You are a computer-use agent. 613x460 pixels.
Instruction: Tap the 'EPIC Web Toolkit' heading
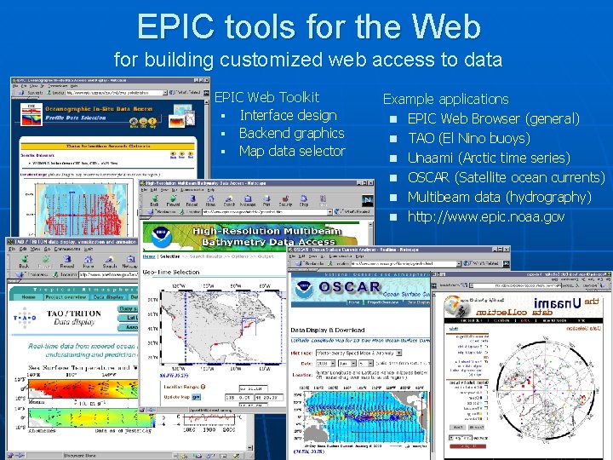[x=266, y=97]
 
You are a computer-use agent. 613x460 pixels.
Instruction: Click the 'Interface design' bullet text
[x=288, y=115]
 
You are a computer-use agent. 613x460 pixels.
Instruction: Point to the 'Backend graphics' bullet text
[x=291, y=133]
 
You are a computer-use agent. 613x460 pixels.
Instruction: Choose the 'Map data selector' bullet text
[x=292, y=151]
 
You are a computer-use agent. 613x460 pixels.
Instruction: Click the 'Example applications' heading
[x=445, y=99]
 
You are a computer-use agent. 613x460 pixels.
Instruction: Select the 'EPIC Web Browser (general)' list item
[x=493, y=118]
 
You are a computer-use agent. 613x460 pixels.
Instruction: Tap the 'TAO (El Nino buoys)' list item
[x=468, y=138]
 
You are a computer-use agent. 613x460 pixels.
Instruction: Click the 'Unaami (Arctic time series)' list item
[x=489, y=158]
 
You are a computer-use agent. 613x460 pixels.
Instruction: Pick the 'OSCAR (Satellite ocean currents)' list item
[x=506, y=177]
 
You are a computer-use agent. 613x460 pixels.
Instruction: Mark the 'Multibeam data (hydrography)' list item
[x=499, y=197]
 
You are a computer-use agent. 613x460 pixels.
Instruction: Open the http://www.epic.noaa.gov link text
[x=485, y=216]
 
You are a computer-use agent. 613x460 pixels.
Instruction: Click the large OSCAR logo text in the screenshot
[x=350, y=287]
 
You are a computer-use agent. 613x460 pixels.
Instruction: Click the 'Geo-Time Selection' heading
[x=171, y=272]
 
